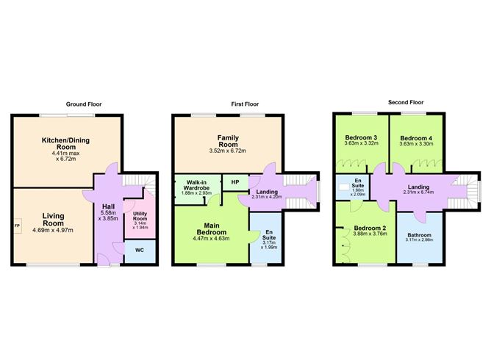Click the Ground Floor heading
pos(82,104)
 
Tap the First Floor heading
pos(248,104)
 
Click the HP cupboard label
pos(235,182)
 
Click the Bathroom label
pos(420,236)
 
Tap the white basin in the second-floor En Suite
pos(344,187)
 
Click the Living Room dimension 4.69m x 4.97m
pos(53,229)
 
